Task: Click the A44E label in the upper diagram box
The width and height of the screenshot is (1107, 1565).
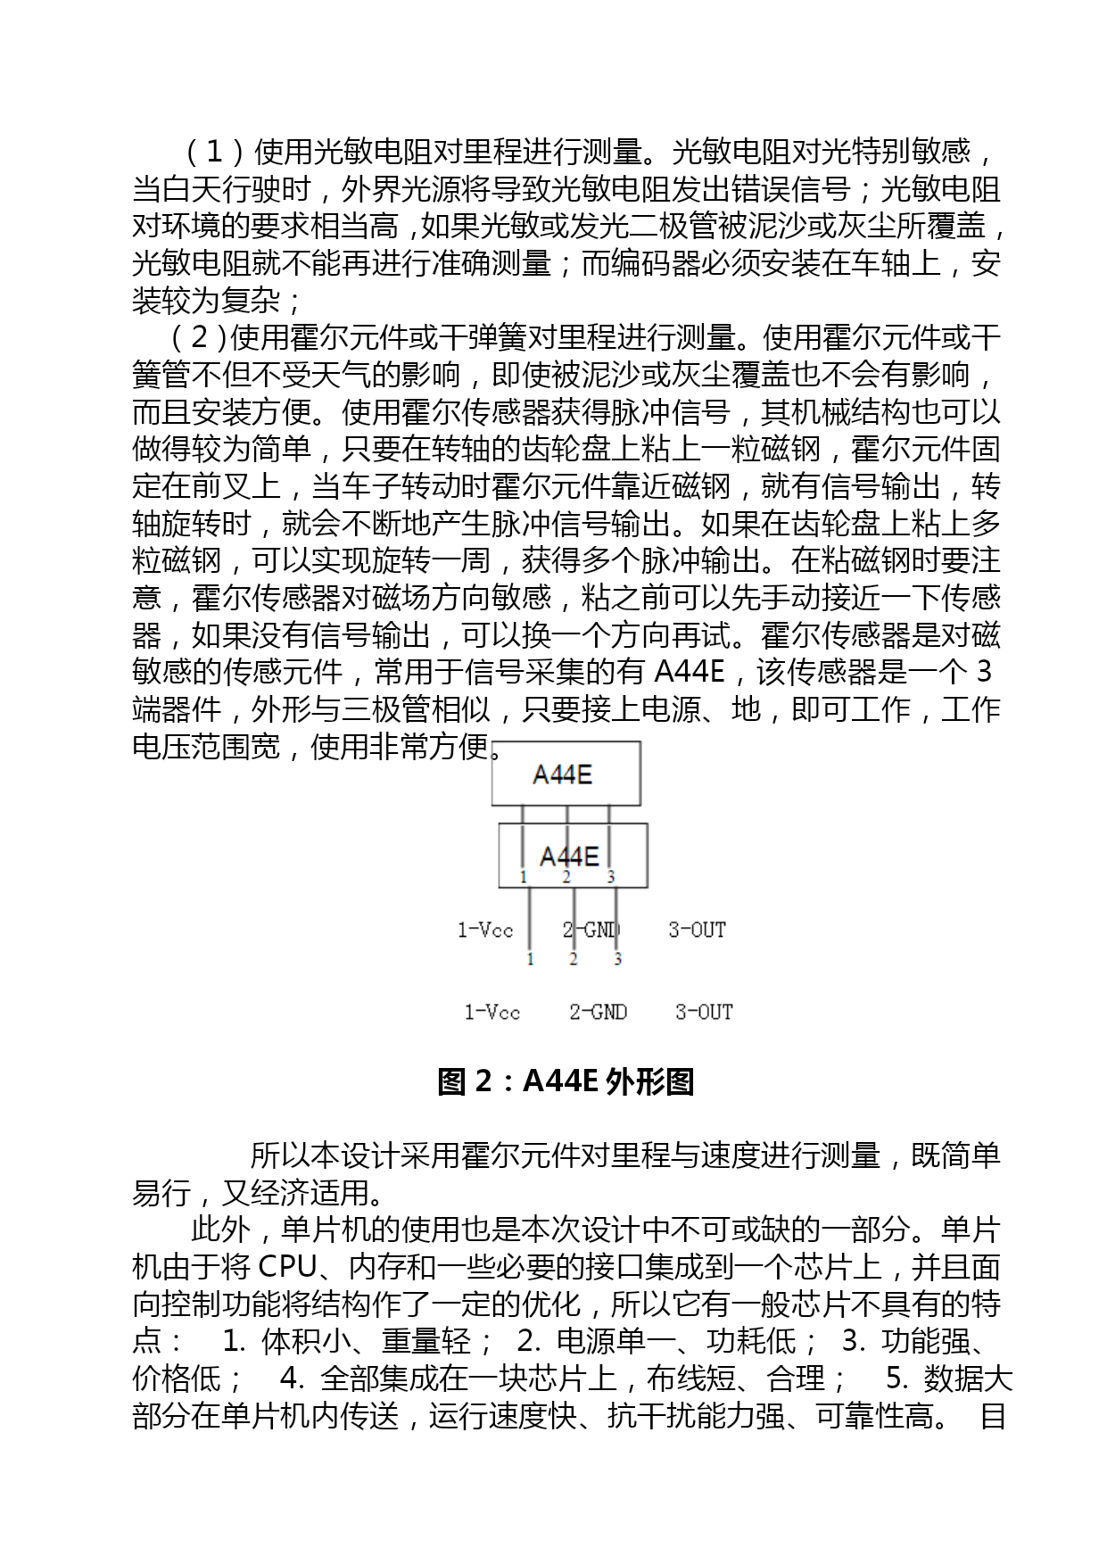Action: (562, 774)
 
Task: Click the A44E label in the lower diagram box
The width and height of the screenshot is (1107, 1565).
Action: (569, 857)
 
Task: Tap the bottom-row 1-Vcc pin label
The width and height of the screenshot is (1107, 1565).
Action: (492, 1012)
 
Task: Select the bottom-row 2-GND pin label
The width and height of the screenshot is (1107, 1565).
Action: (598, 1012)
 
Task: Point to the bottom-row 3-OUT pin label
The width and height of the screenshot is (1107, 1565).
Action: (704, 1012)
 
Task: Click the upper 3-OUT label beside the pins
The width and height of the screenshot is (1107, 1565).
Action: (697, 930)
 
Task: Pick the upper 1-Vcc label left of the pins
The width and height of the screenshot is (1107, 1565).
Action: (485, 930)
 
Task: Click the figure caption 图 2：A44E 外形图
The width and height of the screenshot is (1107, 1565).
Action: (566, 1081)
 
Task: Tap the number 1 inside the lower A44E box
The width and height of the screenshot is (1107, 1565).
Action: (524, 877)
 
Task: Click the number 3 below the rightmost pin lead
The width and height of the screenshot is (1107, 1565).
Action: (617, 959)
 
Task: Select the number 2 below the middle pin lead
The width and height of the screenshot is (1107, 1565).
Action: (573, 959)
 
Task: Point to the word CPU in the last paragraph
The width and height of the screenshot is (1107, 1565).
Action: (287, 1267)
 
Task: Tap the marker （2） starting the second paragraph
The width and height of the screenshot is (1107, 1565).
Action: (200, 338)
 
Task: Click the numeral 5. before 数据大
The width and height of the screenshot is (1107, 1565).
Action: (896, 1379)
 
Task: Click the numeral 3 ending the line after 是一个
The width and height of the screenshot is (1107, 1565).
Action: (984, 671)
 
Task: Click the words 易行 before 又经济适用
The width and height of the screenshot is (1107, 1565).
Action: (161, 1193)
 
